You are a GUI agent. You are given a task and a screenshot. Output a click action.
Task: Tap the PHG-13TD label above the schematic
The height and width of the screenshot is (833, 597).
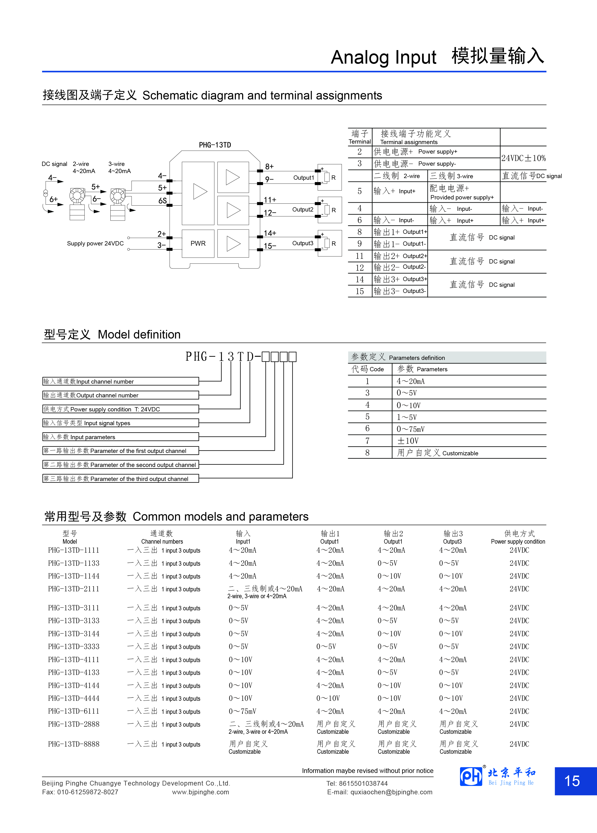[215, 145]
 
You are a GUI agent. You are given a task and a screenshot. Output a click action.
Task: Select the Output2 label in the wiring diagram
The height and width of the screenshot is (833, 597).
[303, 210]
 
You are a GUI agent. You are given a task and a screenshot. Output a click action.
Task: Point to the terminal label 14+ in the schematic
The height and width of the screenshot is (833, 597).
[270, 233]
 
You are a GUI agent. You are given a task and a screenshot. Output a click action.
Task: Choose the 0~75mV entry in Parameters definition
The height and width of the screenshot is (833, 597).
[410, 429]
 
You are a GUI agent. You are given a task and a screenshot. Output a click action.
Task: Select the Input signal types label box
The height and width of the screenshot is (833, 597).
[120, 423]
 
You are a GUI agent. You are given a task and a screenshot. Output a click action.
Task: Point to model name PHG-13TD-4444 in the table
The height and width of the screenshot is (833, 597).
[73, 698]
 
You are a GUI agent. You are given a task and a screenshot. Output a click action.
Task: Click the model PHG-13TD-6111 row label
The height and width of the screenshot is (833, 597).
[73, 711]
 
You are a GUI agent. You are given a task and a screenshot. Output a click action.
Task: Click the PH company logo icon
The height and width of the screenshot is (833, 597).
[471, 776]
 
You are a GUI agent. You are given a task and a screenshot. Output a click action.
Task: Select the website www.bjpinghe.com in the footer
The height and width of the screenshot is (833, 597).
[201, 792]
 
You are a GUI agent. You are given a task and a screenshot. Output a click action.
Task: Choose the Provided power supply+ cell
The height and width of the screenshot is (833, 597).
[462, 193]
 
